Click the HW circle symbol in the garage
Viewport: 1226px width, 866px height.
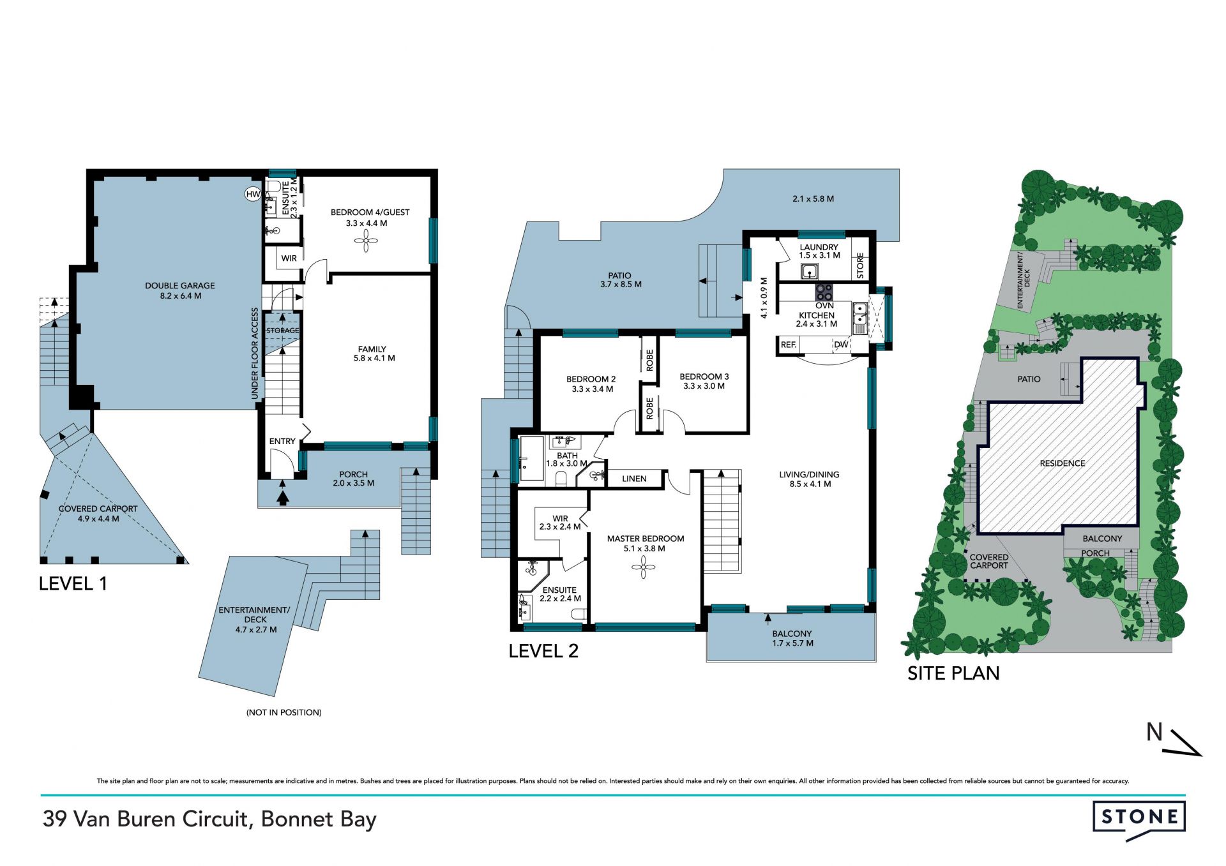pos(254,194)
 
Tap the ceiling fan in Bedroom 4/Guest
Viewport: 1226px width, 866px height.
pos(366,241)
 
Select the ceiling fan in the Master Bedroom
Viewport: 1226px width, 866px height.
pos(643,567)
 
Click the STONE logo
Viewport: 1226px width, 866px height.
pos(1139,819)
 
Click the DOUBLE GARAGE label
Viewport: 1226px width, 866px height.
pos(180,286)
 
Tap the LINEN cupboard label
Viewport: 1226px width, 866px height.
pos(634,479)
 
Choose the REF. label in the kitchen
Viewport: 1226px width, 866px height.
pos(789,345)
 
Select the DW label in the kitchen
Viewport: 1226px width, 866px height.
pos(842,345)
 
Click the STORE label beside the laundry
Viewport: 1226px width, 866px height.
pos(860,266)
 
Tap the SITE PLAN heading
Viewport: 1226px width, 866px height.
pos(953,673)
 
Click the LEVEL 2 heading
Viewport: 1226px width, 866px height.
pos(543,651)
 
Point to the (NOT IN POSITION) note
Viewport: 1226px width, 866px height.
pos(284,712)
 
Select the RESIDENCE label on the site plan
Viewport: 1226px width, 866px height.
pos(1063,463)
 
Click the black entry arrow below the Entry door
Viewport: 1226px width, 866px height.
pos(282,494)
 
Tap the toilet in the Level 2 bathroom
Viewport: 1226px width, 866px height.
pos(562,478)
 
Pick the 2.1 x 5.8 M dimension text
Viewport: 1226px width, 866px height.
pos(813,198)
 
